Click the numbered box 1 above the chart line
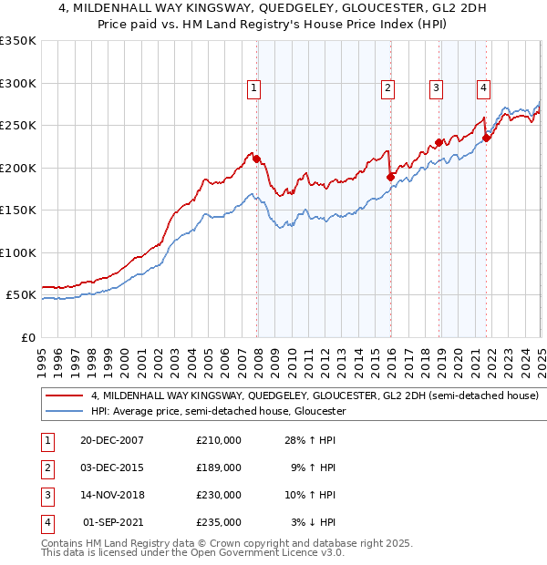253,88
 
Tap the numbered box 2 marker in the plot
387,88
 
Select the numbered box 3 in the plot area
437,88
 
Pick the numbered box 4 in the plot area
482,88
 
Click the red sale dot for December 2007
256,159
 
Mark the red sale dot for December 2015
389,177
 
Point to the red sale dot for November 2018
439,142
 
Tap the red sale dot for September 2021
486,138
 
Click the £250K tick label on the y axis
18,126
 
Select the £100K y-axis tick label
18,252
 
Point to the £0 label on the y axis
27,337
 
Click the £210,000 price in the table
218,439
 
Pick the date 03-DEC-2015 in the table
111,467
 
